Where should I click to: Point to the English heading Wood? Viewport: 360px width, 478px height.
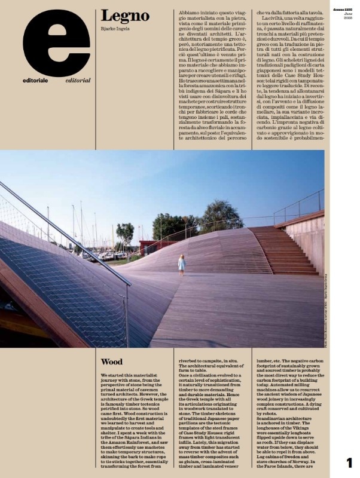[x=112, y=362]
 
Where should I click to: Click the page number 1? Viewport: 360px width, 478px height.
[x=349, y=461]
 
